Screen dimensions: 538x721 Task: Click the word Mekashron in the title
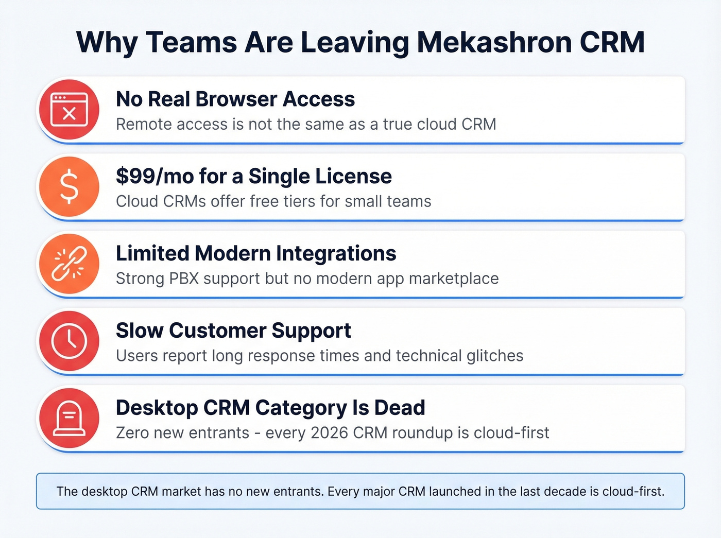click(494, 42)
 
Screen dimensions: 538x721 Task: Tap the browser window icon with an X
click(69, 110)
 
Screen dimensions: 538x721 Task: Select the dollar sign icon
click(69, 186)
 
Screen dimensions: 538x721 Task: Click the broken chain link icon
click(69, 264)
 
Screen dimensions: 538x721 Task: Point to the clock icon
click(69, 341)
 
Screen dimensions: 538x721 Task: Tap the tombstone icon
click(69, 418)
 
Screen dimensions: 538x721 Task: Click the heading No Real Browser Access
click(235, 99)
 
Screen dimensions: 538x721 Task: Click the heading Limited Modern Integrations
click(256, 253)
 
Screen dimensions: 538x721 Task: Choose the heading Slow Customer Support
click(233, 331)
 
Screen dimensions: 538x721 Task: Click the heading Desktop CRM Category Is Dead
click(270, 408)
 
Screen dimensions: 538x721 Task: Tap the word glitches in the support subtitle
click(495, 356)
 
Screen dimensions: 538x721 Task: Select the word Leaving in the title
click(355, 42)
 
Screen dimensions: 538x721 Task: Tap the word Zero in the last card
click(132, 433)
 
